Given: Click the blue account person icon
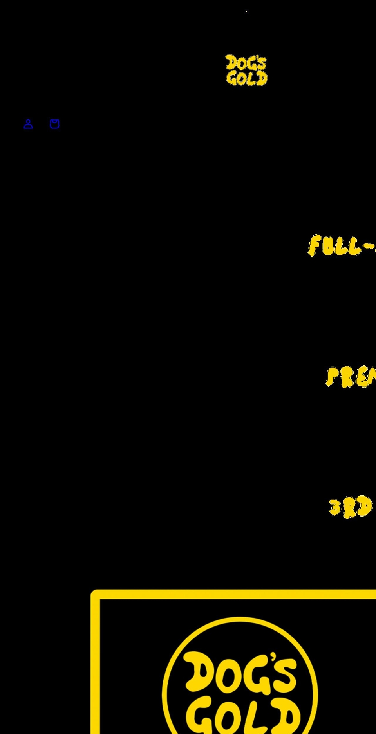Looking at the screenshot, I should [28, 124].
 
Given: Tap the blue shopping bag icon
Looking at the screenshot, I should [55, 124].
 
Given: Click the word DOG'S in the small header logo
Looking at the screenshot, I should [246, 63].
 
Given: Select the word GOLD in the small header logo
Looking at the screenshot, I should [247, 79].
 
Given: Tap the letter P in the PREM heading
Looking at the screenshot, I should [332, 377].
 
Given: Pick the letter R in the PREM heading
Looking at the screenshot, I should [347, 378].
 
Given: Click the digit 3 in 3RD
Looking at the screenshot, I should [335, 508].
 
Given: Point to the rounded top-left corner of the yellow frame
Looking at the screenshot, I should [94, 593].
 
